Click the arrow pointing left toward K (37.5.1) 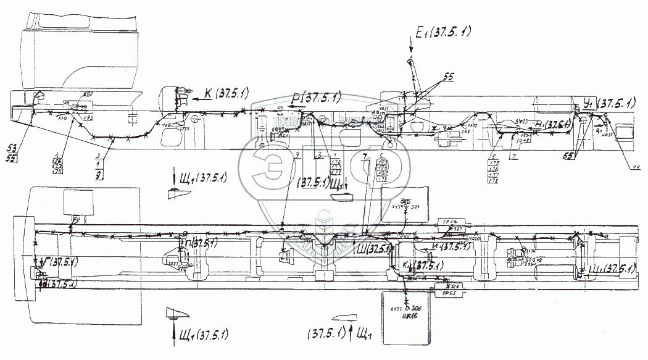point(192,97)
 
